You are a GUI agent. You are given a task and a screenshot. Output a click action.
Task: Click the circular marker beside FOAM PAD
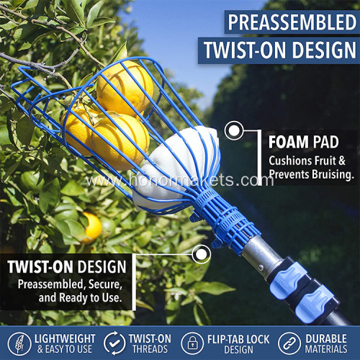[x=233, y=131]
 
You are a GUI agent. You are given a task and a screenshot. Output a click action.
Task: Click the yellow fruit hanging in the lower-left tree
[x=91, y=228]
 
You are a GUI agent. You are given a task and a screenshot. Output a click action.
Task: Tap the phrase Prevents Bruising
[x=311, y=174]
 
